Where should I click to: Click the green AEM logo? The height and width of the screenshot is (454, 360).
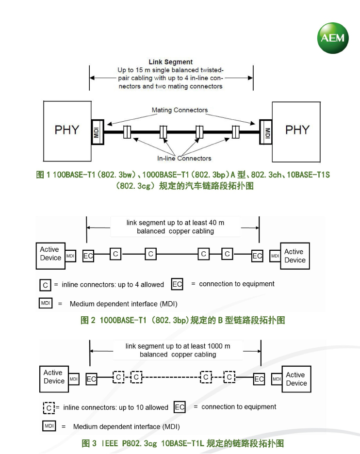pos(333,37)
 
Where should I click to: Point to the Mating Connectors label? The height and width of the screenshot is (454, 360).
pos(180,110)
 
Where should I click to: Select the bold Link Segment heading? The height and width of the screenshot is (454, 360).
pos(170,62)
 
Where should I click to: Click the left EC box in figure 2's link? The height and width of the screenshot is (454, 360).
pos(88,256)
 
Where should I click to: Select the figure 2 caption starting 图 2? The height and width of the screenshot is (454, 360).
pos(182,321)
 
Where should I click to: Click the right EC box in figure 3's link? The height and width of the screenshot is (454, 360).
pos(259,379)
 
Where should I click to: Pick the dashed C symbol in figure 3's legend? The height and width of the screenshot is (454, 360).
pos(49,408)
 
